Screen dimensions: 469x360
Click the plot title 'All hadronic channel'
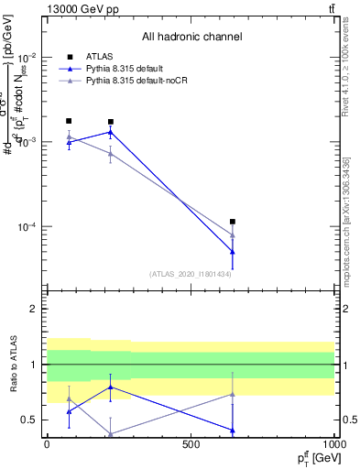pos(191,38)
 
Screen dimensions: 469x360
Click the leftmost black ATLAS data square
pos(69,121)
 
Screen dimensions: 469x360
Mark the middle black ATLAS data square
pos(111,122)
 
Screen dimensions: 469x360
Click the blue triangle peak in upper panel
pos(111,132)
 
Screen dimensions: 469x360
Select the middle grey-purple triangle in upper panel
pos(111,153)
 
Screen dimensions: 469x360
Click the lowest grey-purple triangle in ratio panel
pos(111,434)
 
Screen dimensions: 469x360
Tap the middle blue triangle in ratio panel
pos(111,387)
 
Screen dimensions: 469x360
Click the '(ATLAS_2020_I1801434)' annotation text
pos(191,274)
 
